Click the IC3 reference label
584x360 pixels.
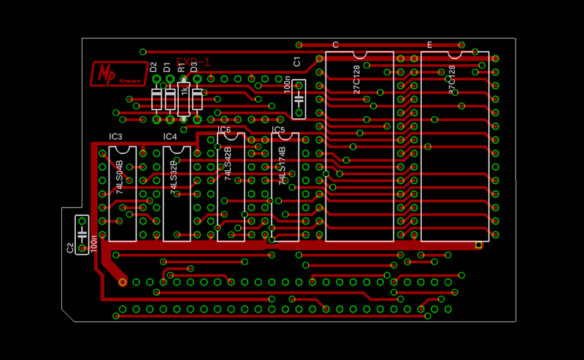[115, 137]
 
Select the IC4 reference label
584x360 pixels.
[170, 137]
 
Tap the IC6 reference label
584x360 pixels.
[224, 130]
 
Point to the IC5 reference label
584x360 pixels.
[278, 130]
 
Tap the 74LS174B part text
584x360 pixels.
[282, 167]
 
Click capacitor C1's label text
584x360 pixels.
[296, 61]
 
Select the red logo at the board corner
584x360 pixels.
[111, 74]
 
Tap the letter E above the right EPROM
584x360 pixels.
[429, 45]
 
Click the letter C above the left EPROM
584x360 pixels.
[335, 45]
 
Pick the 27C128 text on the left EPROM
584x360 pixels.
[356, 80]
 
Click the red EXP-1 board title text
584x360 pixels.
[193, 63]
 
